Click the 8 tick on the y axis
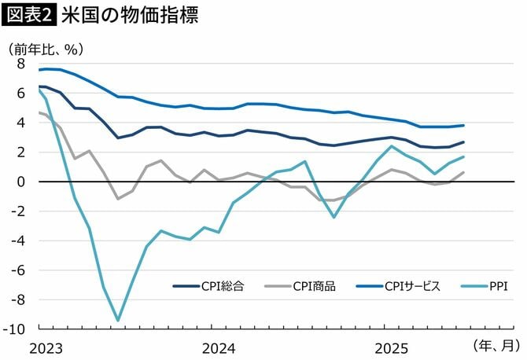tap(21, 64)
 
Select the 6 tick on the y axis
tap(21, 93)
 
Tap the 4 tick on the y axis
tap(21, 123)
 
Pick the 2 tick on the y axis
tap(21, 152)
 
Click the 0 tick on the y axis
tap(21, 182)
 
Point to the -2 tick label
tap(19, 211)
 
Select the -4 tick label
tap(19, 241)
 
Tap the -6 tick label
tap(19, 270)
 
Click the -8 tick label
tap(19, 299)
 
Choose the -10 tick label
tap(17, 329)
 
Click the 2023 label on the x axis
tap(46, 347)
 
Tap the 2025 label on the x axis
tap(390, 347)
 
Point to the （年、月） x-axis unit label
tap(496, 345)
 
